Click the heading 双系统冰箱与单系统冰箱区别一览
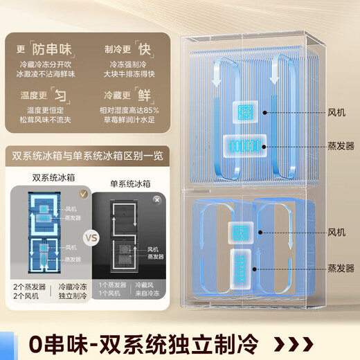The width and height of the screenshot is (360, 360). (x=87, y=153)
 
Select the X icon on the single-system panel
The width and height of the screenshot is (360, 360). (x=158, y=198)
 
